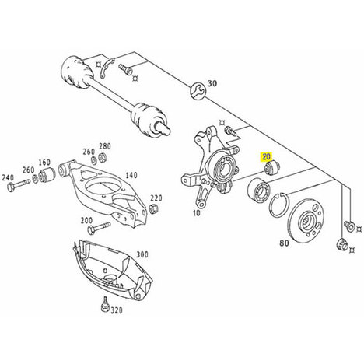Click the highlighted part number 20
pyautogui.click(x=266, y=156)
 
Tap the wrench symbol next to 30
pyautogui.click(x=198, y=91)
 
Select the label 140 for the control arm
pyautogui.click(x=131, y=175)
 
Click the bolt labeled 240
pyautogui.click(x=19, y=184)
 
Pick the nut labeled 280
pyautogui.click(x=103, y=157)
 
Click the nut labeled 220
pyautogui.click(x=154, y=208)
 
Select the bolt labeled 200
pyautogui.click(x=99, y=227)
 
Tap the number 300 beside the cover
pyautogui.click(x=142, y=254)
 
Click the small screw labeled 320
pyautogui.click(x=104, y=304)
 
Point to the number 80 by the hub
pyautogui.click(x=284, y=243)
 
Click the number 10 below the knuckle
pyautogui.click(x=197, y=213)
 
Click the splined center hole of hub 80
pyautogui.click(x=307, y=221)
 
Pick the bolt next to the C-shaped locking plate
pyautogui.click(x=125, y=68)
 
